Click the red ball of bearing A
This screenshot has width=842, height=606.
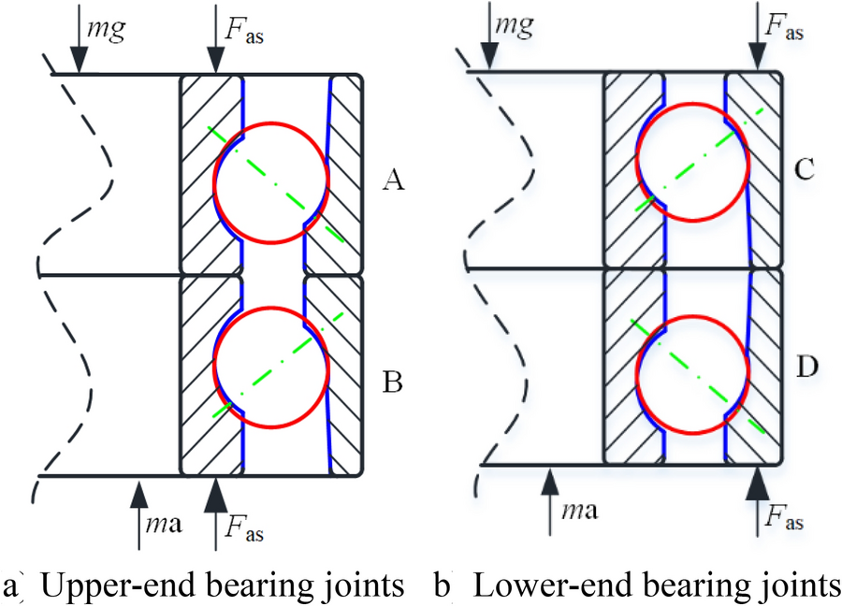[271, 181]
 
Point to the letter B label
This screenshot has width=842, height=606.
[393, 382]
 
